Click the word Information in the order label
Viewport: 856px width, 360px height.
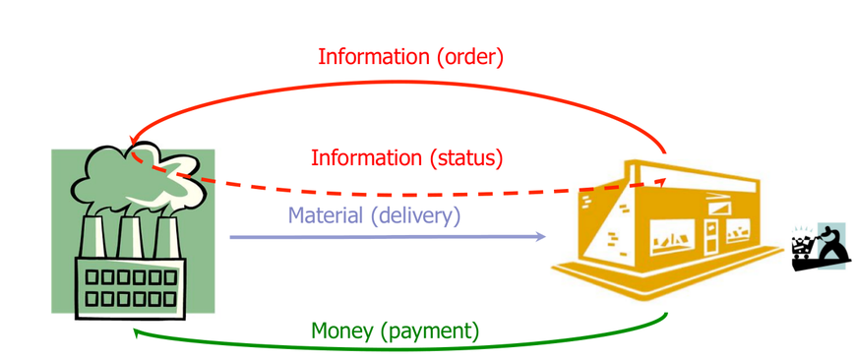[375, 57]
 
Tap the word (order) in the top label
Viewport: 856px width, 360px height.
[470, 57]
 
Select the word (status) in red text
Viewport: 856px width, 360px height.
[465, 158]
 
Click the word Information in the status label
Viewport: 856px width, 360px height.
[367, 158]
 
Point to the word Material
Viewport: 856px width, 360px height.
[326, 215]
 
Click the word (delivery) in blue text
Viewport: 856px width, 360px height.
[415, 216]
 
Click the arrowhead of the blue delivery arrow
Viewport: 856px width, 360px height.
[541, 236]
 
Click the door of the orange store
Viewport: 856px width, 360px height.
[711, 237]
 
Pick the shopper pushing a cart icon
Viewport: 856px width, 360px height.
[821, 247]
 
